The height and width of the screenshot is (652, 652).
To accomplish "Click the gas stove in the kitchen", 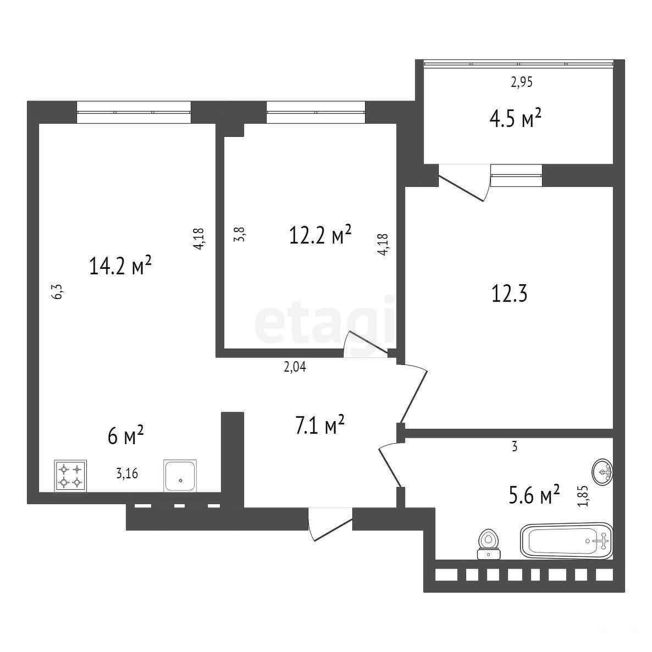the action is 70,476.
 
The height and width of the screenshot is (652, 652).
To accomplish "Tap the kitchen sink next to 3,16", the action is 180,476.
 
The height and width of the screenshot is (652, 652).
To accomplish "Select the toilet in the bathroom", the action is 489,544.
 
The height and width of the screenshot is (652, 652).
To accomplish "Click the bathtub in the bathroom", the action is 566,540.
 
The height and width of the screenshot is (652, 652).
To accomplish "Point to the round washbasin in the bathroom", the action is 603,472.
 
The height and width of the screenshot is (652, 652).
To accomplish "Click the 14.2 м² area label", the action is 120,266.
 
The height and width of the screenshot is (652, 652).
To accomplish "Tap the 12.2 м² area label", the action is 320,235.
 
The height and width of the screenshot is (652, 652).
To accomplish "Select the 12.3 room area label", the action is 510,294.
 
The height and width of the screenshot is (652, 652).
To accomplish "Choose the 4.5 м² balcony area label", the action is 515,119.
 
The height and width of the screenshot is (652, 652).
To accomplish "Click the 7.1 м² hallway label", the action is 320,424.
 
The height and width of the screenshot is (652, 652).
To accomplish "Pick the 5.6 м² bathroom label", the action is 534,494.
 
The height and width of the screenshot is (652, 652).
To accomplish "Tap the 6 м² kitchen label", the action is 125,435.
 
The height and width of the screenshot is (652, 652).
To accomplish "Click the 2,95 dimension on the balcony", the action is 521,82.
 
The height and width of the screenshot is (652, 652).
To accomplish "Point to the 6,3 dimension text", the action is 58,291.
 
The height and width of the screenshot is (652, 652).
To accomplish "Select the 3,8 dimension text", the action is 240,234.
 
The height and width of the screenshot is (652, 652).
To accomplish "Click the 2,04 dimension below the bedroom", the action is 295,367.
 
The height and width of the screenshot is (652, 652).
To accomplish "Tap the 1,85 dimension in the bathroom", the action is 583,496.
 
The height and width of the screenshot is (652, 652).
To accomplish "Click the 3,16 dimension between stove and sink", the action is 127,474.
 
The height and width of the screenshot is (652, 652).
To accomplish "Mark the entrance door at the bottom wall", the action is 330,524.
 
